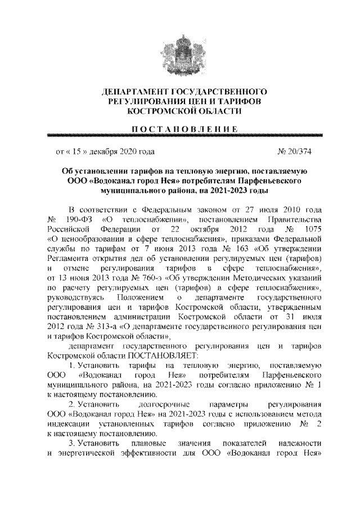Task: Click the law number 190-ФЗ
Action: (x=78, y=217)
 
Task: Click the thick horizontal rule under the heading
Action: (x=179, y=136)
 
